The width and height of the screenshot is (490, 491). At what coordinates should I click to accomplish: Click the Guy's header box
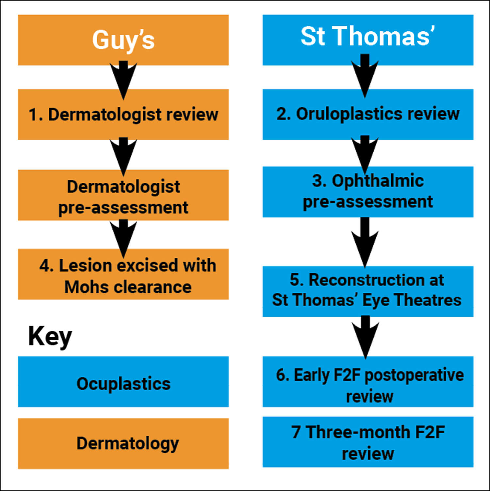pos(123,40)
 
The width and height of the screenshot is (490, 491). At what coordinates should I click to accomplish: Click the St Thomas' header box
pos(368,40)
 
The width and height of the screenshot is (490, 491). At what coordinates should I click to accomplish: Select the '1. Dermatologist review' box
pos(123,114)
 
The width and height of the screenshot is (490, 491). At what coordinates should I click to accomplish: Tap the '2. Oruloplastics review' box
pos(368,114)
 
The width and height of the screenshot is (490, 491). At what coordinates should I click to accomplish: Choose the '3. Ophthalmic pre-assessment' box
pos(368,192)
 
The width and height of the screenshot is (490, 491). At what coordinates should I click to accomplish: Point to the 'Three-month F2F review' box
pos(368,442)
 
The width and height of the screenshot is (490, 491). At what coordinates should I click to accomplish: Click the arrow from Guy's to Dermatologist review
pos(123,78)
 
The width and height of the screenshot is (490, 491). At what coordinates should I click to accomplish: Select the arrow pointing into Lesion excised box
pos(123,237)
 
